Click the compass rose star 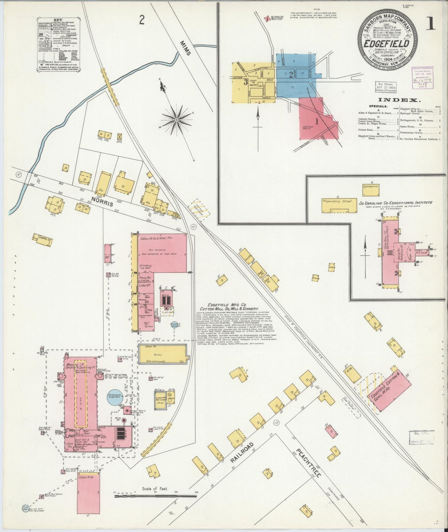pos(176,119)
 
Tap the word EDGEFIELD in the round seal pos(386,44)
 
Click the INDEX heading pos(398,100)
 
